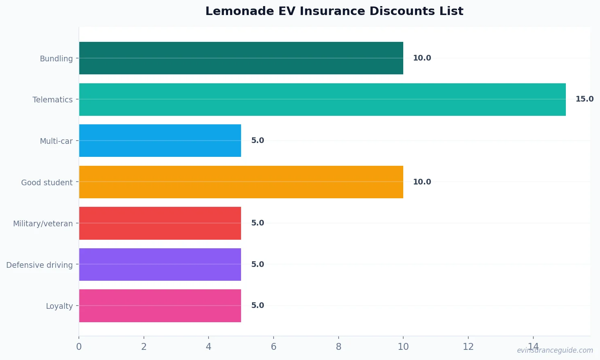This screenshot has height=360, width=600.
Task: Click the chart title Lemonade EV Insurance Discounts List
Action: [x=334, y=11]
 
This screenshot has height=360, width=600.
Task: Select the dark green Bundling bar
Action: [x=241, y=58]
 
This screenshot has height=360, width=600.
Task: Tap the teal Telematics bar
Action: [x=322, y=100]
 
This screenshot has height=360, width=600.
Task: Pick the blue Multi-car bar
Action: [x=160, y=141]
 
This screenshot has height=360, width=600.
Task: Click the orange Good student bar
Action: [x=241, y=182]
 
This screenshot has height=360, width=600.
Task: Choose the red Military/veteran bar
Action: [x=160, y=223]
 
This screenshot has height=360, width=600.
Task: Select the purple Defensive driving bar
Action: [x=160, y=265]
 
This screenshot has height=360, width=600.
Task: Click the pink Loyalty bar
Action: [x=160, y=306]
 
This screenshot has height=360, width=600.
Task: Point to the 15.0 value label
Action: [x=584, y=99]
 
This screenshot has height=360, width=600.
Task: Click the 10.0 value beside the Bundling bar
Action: [x=422, y=58]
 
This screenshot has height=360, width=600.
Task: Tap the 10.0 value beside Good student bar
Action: [x=422, y=182]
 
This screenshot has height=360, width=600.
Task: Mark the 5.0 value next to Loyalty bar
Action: [x=257, y=306]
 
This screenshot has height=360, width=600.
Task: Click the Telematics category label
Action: [x=52, y=100]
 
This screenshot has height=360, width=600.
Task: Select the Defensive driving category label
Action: [x=39, y=265]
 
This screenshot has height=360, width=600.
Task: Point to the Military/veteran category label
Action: [x=43, y=223]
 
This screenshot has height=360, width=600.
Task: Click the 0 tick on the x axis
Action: [x=79, y=347]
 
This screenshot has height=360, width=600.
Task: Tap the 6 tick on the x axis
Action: [x=274, y=347]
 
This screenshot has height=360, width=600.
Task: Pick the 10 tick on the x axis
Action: [x=403, y=347]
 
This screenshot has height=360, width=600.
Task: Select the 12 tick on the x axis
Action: [x=468, y=347]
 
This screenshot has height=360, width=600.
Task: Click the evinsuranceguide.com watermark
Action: [x=555, y=350]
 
